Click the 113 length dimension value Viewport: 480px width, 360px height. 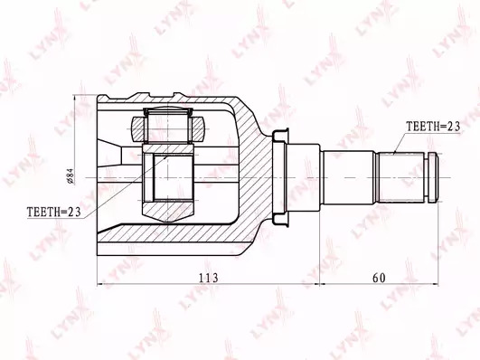209,278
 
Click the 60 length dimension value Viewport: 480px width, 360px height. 379,278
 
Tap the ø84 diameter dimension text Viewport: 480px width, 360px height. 71,176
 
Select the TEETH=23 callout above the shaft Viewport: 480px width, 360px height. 433,127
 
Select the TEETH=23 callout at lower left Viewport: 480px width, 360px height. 54,212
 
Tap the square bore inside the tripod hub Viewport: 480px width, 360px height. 173,178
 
